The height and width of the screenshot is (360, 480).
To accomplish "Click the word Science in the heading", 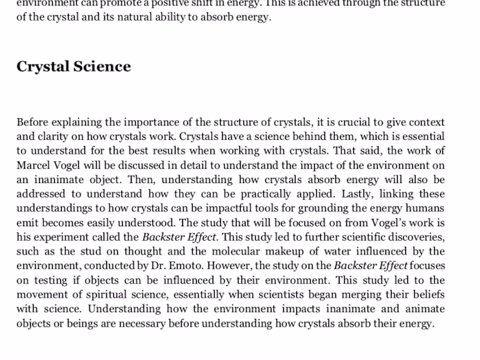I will click(102, 67).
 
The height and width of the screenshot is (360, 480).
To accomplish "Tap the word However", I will click(230, 265).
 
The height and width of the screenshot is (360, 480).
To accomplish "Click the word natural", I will click(133, 18).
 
